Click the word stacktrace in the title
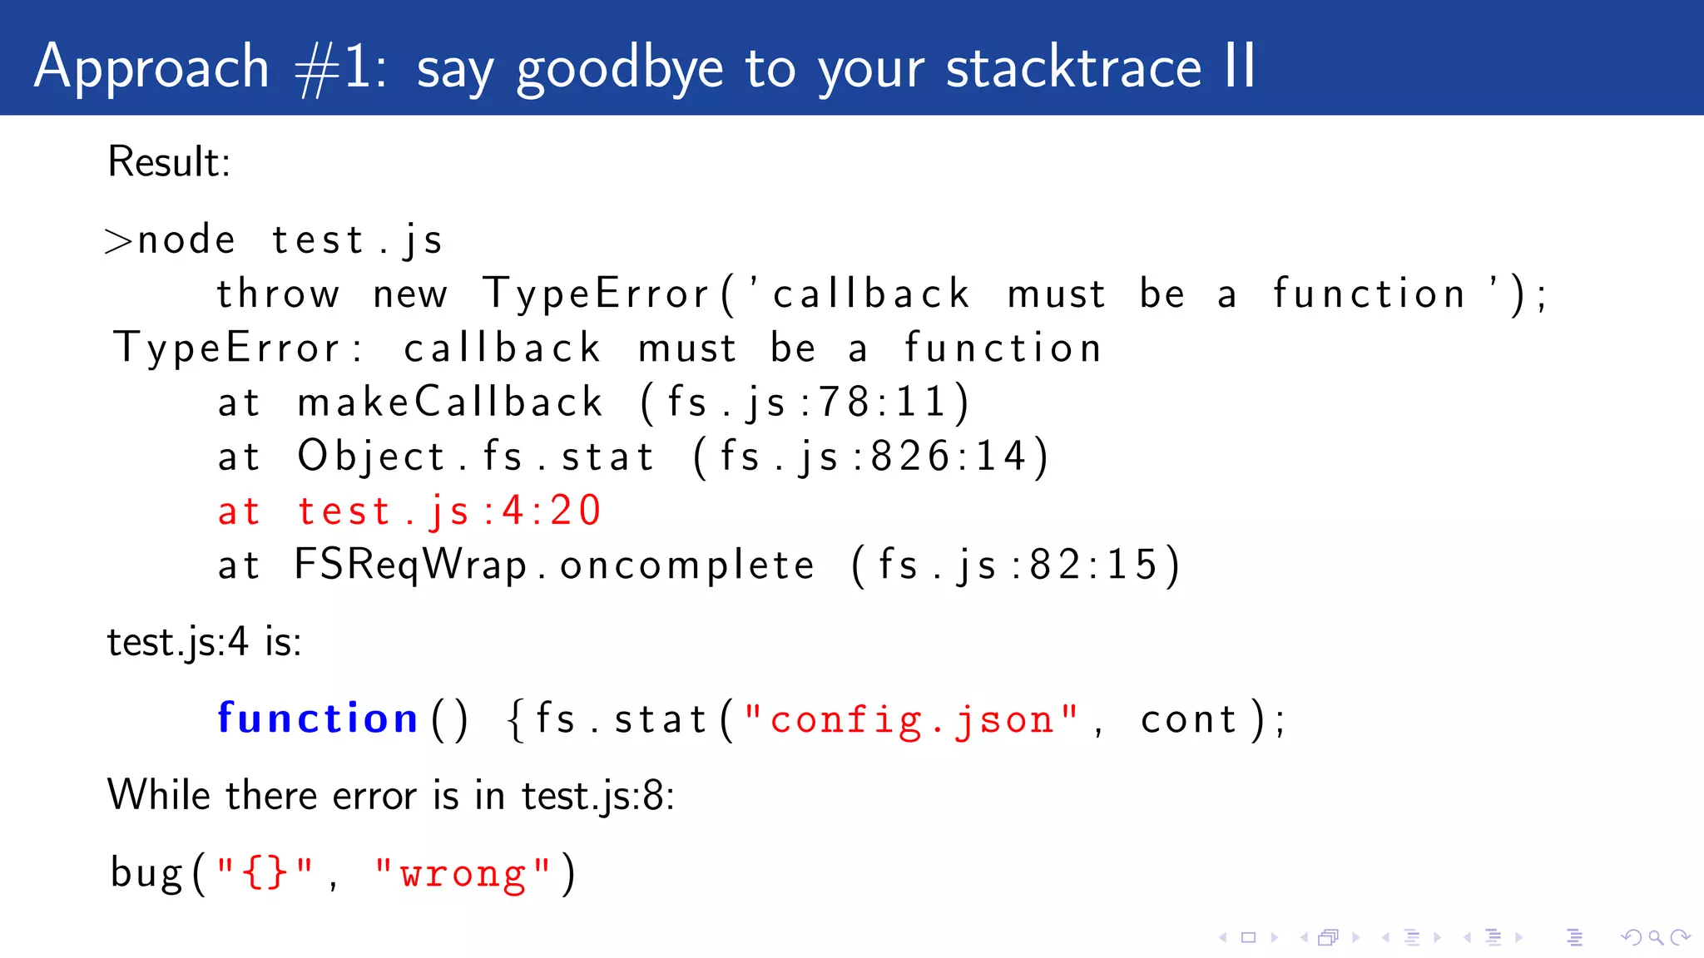click(x=1073, y=67)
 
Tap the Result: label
click(x=169, y=161)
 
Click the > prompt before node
click(x=119, y=241)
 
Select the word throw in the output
click(x=278, y=294)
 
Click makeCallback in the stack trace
click(x=449, y=402)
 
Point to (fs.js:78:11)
click(x=805, y=402)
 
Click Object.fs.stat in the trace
click(x=476, y=457)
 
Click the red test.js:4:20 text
click(x=449, y=511)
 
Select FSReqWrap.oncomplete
click(x=554, y=565)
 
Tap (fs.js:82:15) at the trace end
click(x=1015, y=565)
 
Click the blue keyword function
click(x=317, y=718)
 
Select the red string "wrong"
click(x=463, y=874)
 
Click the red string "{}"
click(x=265, y=874)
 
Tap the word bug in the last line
click(x=146, y=874)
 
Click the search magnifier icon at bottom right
click(x=1656, y=938)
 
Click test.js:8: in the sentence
click(x=597, y=796)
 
